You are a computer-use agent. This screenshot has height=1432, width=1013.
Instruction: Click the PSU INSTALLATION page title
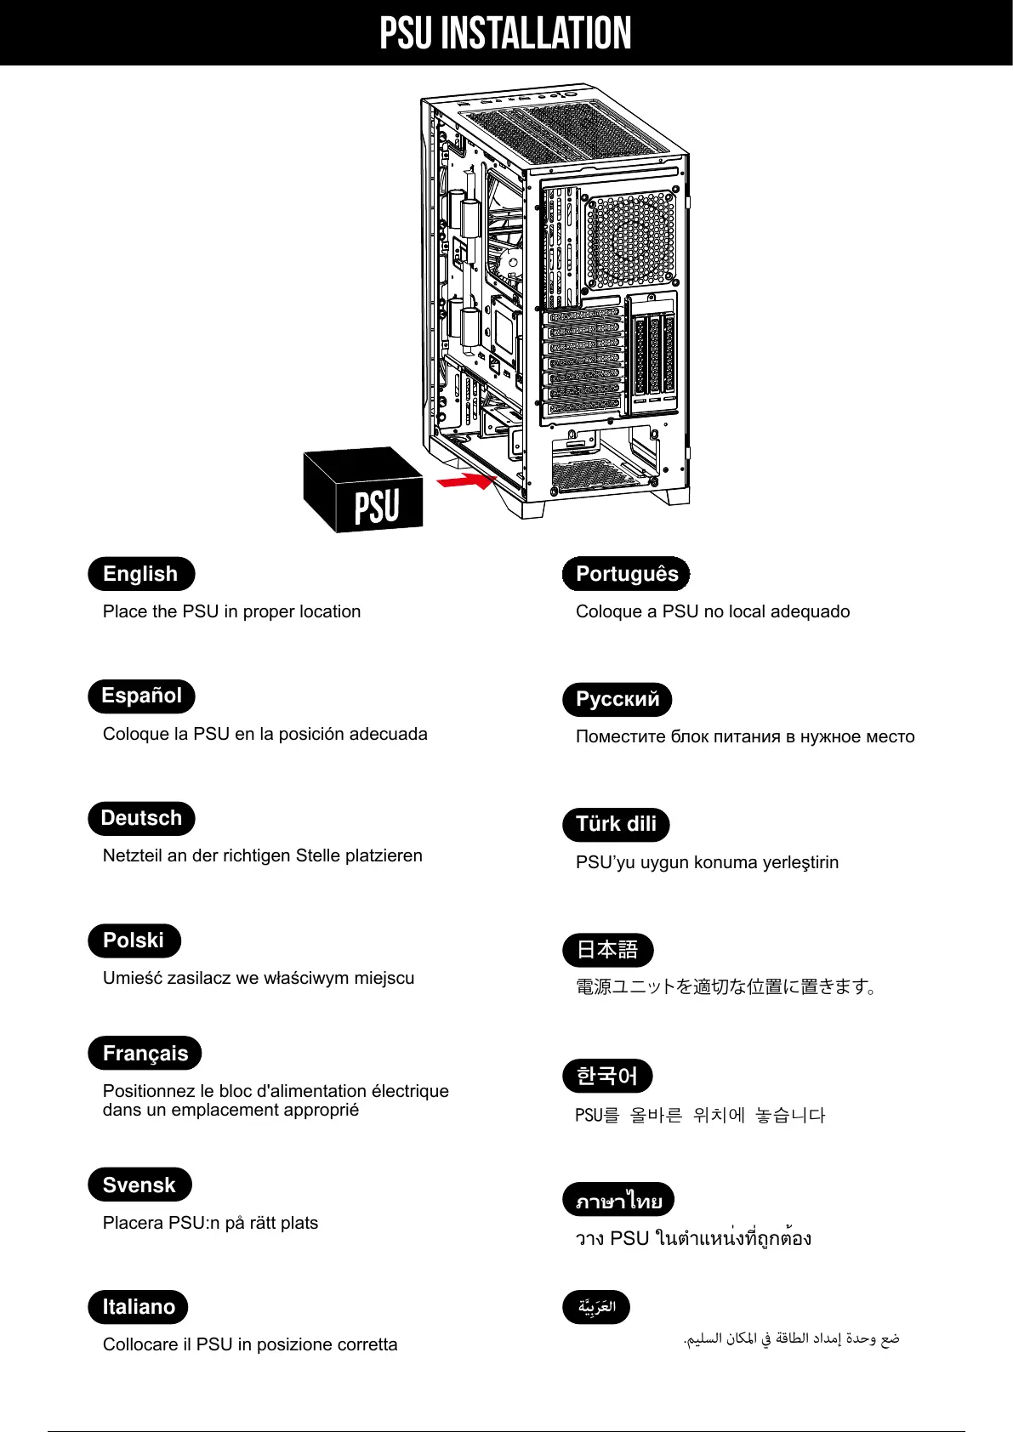(x=505, y=33)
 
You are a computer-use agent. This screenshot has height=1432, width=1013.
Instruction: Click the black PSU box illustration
(x=364, y=492)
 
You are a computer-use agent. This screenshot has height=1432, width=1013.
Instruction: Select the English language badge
(x=141, y=574)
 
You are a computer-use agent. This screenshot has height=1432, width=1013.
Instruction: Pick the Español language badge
(x=141, y=696)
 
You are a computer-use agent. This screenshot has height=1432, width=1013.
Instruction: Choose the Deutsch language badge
(x=141, y=818)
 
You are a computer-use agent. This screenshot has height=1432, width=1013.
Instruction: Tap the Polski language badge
(x=134, y=940)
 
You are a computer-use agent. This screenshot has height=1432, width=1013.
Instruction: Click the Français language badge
(x=145, y=1054)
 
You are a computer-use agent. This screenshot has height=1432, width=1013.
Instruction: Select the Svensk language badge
(x=139, y=1185)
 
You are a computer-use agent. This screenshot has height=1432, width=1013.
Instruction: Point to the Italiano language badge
(x=138, y=1307)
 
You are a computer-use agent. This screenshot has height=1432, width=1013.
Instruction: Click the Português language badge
(x=626, y=574)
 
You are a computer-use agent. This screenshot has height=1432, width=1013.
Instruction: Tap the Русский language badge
(x=617, y=699)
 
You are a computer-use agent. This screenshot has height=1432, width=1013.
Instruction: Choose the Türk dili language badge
(x=616, y=824)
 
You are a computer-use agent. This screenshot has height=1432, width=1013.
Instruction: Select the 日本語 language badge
(x=607, y=950)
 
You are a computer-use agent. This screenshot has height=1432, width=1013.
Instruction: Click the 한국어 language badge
(x=607, y=1076)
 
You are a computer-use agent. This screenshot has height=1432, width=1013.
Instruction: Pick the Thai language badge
(x=618, y=1200)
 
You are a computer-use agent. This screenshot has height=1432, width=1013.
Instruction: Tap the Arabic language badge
(x=596, y=1307)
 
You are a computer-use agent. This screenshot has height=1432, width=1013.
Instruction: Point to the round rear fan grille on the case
(x=630, y=241)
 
